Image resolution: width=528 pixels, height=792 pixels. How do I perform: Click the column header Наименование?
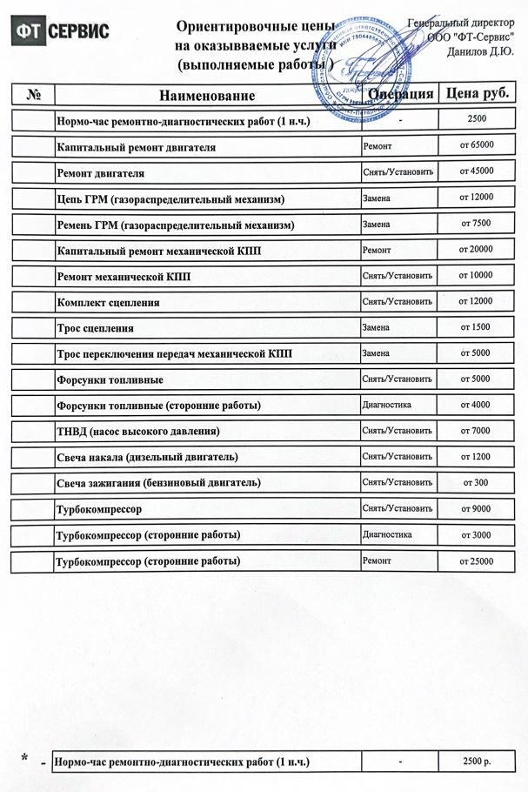(207, 95)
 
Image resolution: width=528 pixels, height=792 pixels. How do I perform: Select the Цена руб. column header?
(476, 93)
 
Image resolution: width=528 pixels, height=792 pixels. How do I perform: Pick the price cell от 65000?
(476, 144)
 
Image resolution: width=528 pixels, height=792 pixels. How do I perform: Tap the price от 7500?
(476, 223)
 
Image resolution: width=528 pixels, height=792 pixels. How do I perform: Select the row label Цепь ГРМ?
(170, 199)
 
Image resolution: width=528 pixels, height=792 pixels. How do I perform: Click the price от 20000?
(476, 249)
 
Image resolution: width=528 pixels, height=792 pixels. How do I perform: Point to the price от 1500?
(476, 327)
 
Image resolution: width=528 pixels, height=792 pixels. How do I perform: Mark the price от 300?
(476, 482)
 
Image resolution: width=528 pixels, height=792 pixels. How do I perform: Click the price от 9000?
(476, 508)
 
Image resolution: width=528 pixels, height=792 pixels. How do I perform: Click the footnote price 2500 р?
(477, 762)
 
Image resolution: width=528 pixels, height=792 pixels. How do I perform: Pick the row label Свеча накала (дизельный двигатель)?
(147, 457)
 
